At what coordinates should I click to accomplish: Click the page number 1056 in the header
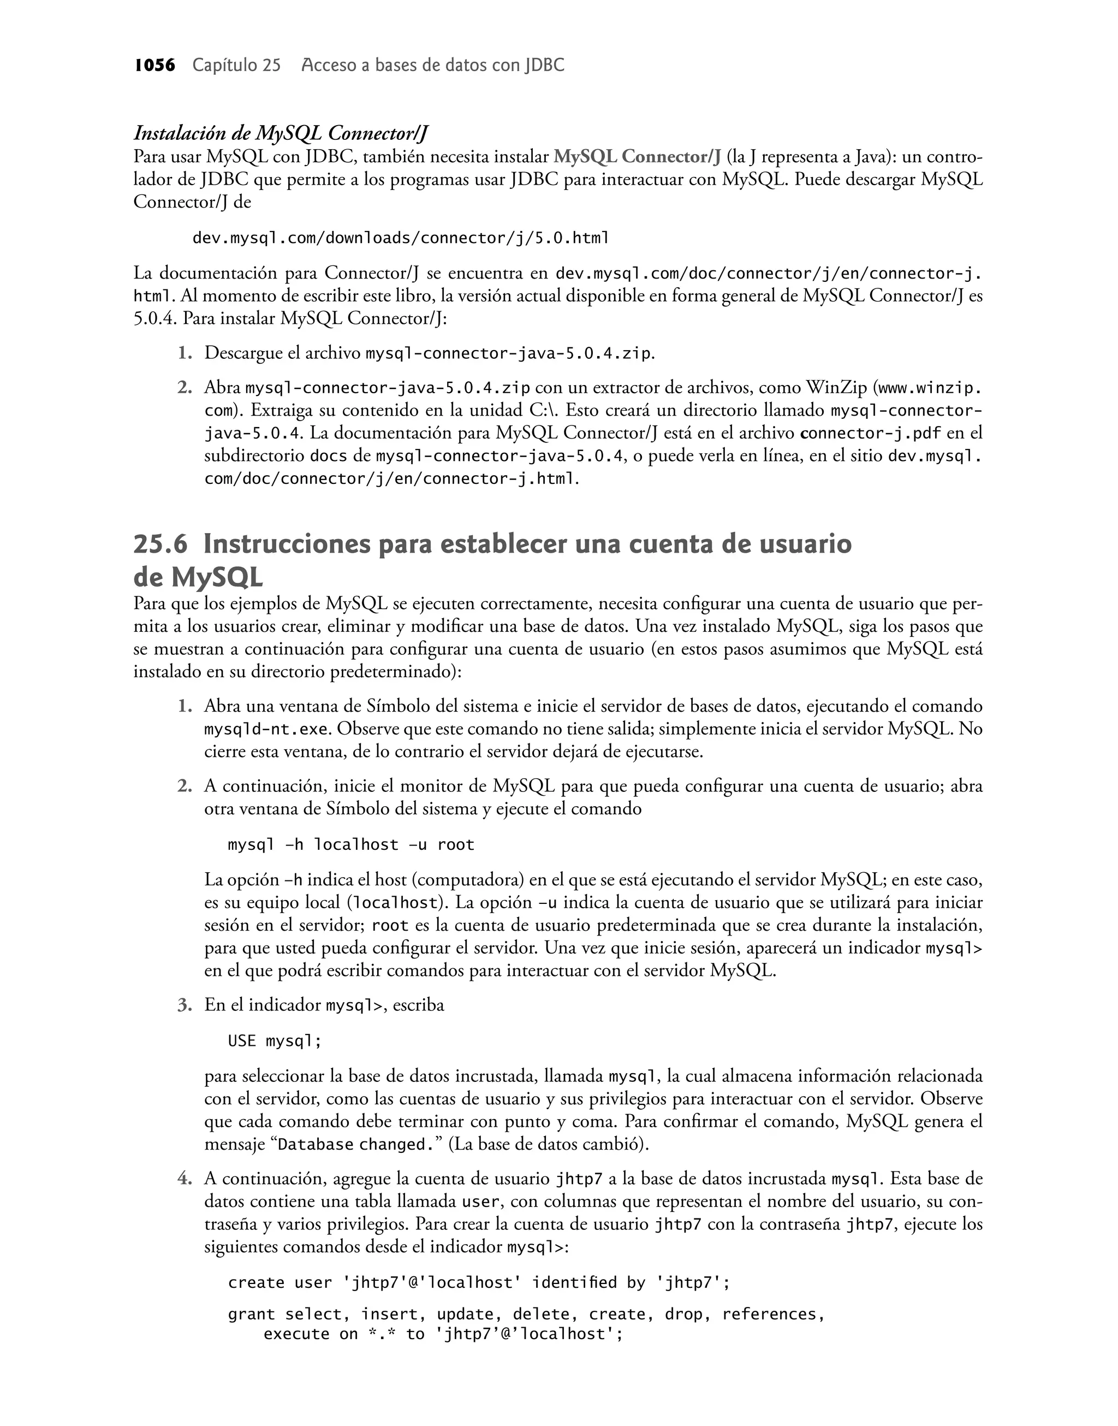tap(154, 66)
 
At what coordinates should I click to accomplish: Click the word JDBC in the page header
tap(544, 66)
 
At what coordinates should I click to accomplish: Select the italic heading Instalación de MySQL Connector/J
tap(281, 134)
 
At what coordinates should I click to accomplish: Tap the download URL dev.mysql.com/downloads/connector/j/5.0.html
tap(401, 238)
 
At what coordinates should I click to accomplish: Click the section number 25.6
tap(160, 545)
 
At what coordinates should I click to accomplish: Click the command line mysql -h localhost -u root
tap(351, 844)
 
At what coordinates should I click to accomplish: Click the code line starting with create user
tap(479, 1282)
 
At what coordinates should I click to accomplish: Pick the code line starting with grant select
tap(526, 1315)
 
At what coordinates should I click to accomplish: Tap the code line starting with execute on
tap(443, 1334)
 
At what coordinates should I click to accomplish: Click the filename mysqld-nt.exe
tap(266, 729)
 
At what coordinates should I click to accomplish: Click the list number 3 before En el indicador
tap(184, 1005)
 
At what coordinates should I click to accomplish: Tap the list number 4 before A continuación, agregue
tap(184, 1179)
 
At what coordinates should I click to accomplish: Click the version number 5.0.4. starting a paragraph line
tap(155, 319)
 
